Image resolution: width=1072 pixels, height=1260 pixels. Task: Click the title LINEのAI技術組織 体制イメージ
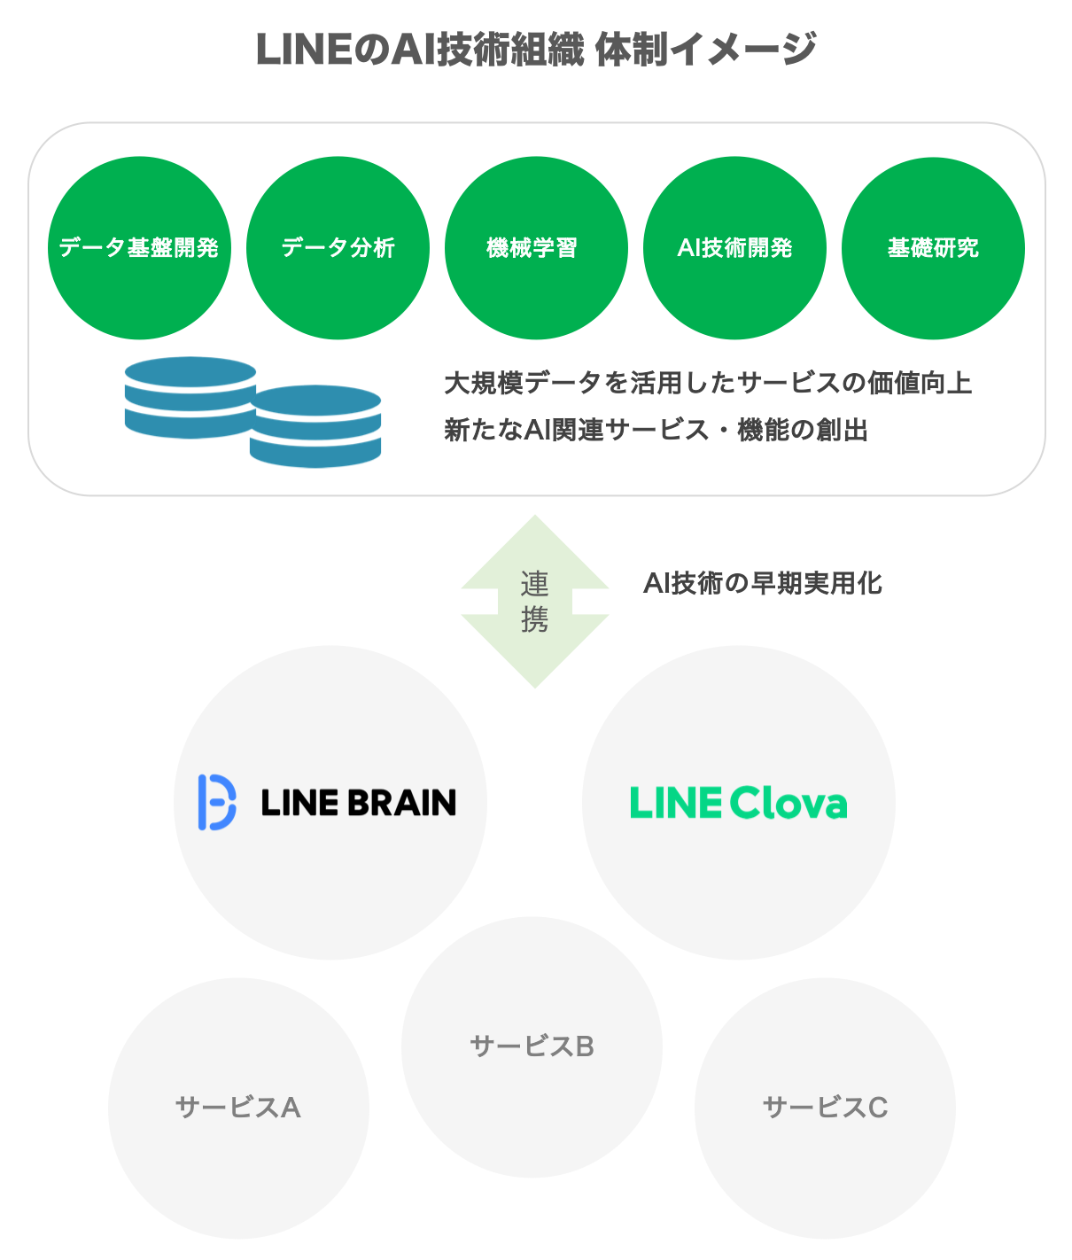coord(535,50)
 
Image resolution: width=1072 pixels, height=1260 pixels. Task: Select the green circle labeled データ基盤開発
coord(139,248)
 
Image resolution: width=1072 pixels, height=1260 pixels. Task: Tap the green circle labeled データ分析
coord(338,248)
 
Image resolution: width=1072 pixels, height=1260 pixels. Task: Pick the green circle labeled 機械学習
coord(536,248)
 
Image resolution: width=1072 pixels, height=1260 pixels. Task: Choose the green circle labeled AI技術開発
coord(734,248)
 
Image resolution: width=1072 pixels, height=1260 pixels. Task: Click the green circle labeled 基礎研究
coord(933,248)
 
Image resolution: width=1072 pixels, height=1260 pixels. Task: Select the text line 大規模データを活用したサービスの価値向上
coord(707,383)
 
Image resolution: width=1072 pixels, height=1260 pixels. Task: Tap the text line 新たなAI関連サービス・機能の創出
coord(656,430)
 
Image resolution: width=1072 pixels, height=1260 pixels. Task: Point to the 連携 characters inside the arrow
coord(535,602)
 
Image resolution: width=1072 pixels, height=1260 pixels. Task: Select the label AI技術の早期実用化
coord(763,583)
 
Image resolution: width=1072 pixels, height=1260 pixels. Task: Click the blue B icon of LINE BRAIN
coord(216,803)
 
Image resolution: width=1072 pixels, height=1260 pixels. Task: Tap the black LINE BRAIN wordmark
coord(358,803)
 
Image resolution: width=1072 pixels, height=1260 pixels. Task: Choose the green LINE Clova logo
coord(738,803)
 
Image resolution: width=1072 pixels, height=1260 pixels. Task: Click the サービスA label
coord(238,1108)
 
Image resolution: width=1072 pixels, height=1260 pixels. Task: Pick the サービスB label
coord(532,1046)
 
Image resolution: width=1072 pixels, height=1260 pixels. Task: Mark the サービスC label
coord(825,1108)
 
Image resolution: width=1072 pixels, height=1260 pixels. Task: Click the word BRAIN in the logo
coord(401,803)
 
